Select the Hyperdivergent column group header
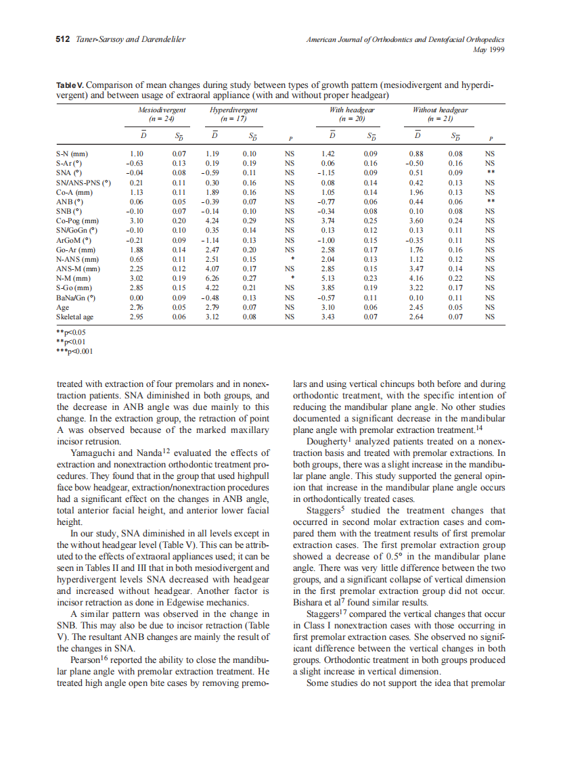pos(233,110)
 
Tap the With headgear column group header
pos(352,110)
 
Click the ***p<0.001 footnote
pos(74,351)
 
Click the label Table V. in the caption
pos(70,86)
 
